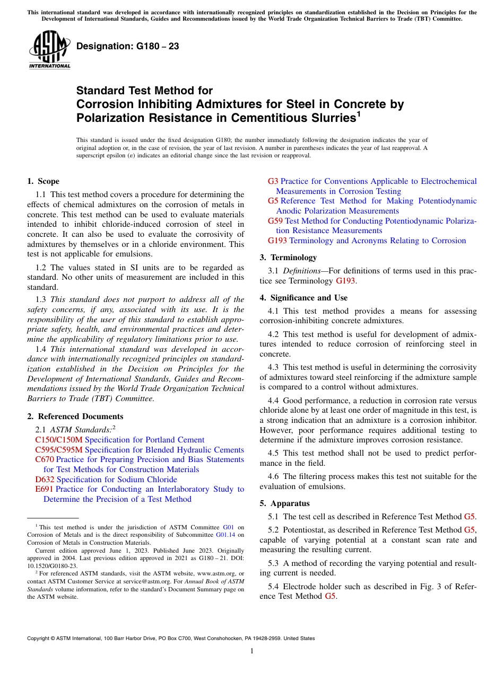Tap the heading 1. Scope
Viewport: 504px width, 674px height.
click(x=43, y=181)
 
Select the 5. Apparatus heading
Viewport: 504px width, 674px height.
click(x=284, y=503)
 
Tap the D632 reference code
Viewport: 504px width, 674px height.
click(x=45, y=480)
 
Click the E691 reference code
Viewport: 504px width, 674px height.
click(x=44, y=489)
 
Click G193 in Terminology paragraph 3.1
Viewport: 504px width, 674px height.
click(x=346, y=281)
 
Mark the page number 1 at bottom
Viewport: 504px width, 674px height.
click(x=252, y=651)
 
